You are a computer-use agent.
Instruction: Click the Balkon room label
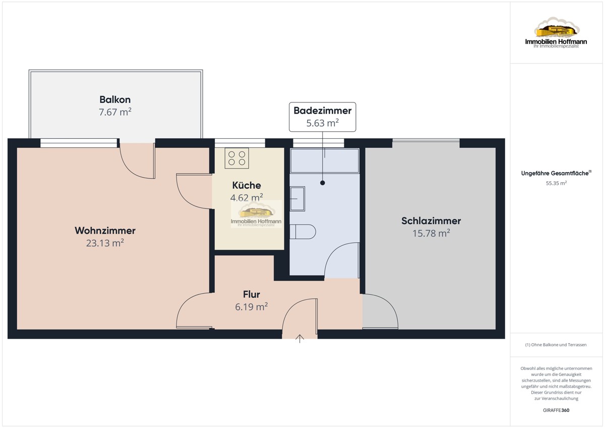(x=115, y=99)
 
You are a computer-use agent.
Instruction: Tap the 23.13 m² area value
(x=105, y=243)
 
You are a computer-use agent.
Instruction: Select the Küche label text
(x=247, y=185)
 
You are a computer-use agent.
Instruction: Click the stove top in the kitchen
(x=236, y=158)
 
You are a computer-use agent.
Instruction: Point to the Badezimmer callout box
(x=323, y=117)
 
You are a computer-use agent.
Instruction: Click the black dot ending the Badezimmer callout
(x=323, y=183)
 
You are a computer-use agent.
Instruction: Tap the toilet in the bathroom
(x=303, y=232)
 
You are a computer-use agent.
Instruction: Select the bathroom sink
(x=297, y=199)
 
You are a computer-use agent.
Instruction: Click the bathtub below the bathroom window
(x=325, y=161)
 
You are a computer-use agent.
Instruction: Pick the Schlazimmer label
(x=431, y=221)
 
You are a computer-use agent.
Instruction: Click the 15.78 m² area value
(x=431, y=233)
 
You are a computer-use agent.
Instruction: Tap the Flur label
(x=252, y=294)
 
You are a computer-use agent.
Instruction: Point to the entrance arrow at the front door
(x=300, y=339)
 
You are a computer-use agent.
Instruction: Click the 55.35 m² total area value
(x=556, y=183)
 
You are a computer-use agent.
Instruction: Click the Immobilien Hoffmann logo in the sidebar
(x=556, y=32)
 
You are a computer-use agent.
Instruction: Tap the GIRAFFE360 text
(x=556, y=410)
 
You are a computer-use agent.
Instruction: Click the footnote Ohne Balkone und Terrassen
(x=556, y=345)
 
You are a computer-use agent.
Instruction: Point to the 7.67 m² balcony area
(x=115, y=112)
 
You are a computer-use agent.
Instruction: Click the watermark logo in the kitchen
(x=256, y=214)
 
